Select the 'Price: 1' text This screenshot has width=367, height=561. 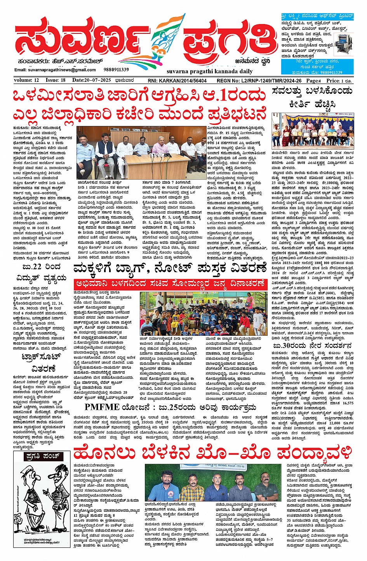(x=339, y=81)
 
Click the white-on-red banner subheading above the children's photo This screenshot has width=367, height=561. (x=171, y=283)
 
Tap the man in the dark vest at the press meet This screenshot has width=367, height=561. (x=104, y=149)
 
